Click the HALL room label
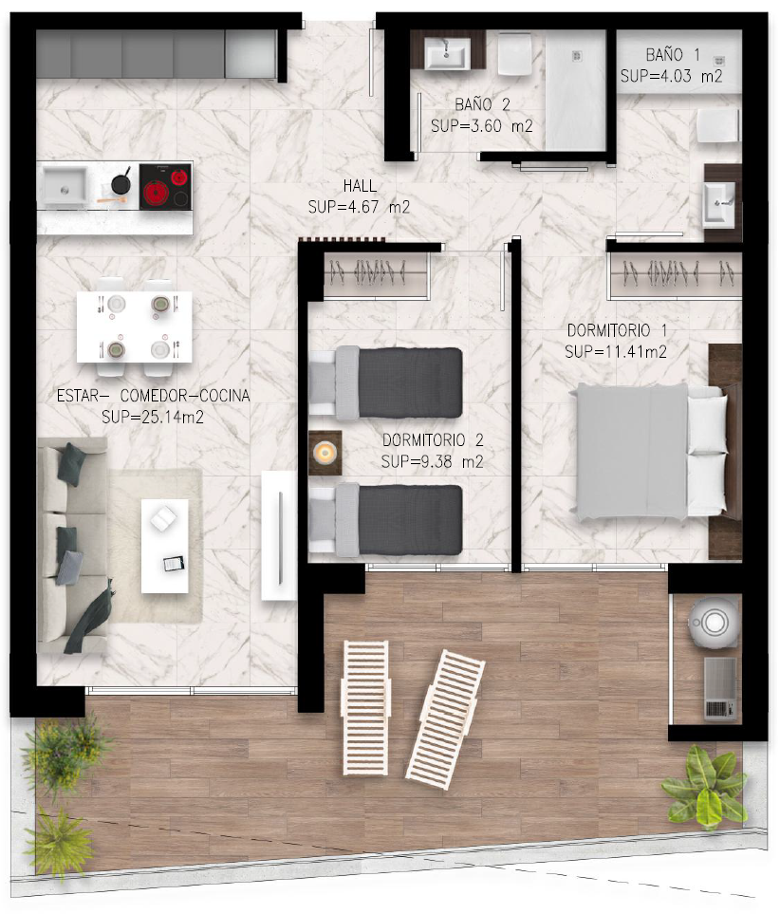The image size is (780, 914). [x=360, y=187]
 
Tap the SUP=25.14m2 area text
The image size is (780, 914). [x=153, y=418]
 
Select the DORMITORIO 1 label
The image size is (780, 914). [x=617, y=330]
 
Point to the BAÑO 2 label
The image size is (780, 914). [x=482, y=105]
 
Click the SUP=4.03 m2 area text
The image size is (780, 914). [x=672, y=76]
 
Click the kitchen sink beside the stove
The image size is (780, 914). [x=65, y=186]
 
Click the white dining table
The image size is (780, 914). [x=135, y=326]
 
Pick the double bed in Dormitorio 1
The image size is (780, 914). [x=650, y=452]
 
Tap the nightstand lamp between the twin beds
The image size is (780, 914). [x=325, y=452]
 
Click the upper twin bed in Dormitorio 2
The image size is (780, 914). [x=385, y=383]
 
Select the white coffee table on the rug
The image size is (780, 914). [x=165, y=546]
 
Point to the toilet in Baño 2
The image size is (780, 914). [x=514, y=54]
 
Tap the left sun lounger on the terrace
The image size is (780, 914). [x=366, y=708]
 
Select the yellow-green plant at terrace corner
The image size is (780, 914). [x=706, y=788]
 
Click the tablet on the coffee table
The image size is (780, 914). [x=174, y=564]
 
